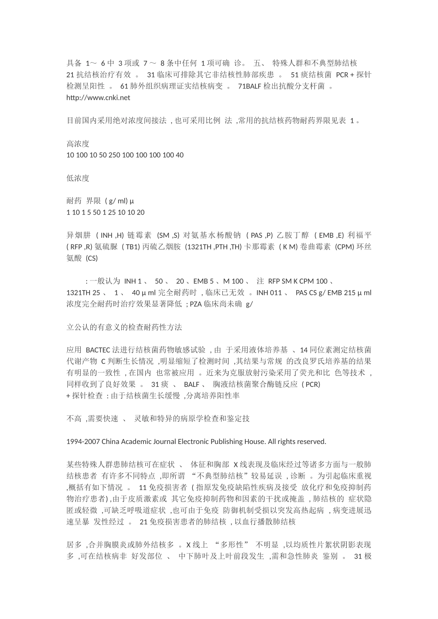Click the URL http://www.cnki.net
(x=98, y=97)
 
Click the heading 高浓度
(x=78, y=143)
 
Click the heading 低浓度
(x=78, y=178)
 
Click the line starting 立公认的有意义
(x=124, y=327)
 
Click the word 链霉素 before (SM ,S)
(x=139, y=235)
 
